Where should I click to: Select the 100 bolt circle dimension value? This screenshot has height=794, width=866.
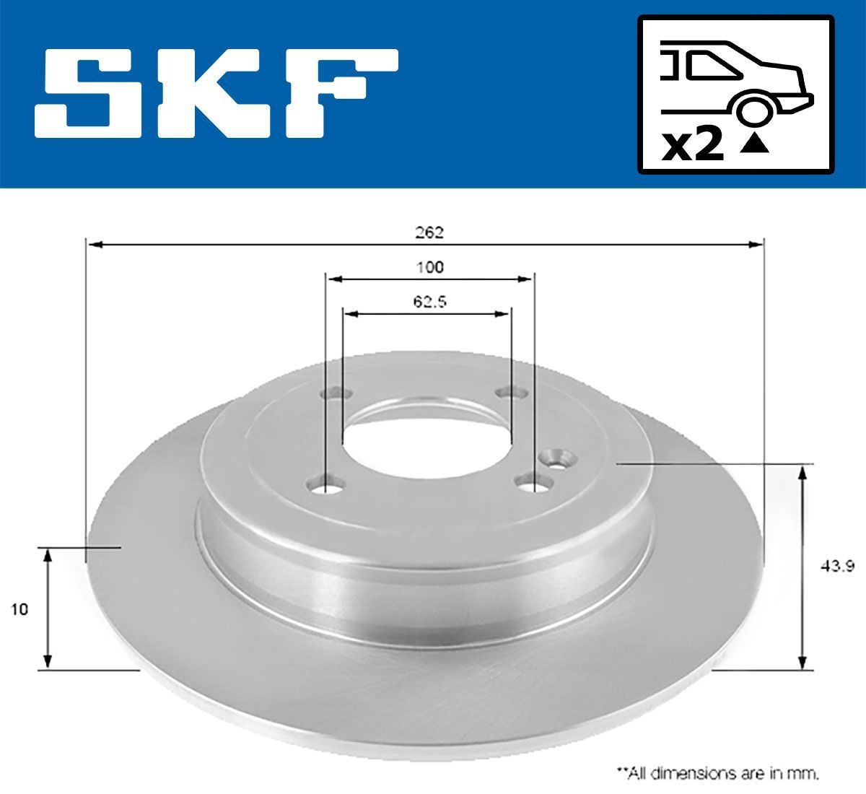click(430, 267)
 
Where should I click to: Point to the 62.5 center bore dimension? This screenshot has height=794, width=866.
click(430, 302)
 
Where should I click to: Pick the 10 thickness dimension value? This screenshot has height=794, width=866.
click(20, 609)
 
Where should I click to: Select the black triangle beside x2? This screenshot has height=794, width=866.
click(754, 145)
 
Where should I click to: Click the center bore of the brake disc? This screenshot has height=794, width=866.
click(426, 440)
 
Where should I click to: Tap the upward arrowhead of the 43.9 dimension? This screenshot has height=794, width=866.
click(802, 473)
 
